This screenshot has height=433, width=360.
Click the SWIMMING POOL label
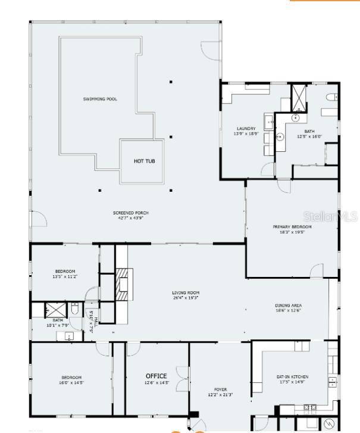click(x=100, y=99)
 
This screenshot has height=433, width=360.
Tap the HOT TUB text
click(x=144, y=161)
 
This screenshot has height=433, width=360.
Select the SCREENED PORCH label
click(x=131, y=213)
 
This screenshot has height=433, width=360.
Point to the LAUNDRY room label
click(x=246, y=128)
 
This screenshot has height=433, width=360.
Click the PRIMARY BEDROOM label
click(x=292, y=226)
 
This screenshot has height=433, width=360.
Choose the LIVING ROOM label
click(x=186, y=292)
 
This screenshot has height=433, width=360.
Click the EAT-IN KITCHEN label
click(x=292, y=377)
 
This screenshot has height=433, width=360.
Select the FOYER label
click(x=220, y=390)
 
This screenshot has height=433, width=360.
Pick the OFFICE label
click(x=156, y=376)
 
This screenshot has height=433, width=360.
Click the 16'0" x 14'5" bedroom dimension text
click(x=71, y=382)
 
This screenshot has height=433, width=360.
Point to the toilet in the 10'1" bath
click(x=74, y=309)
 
